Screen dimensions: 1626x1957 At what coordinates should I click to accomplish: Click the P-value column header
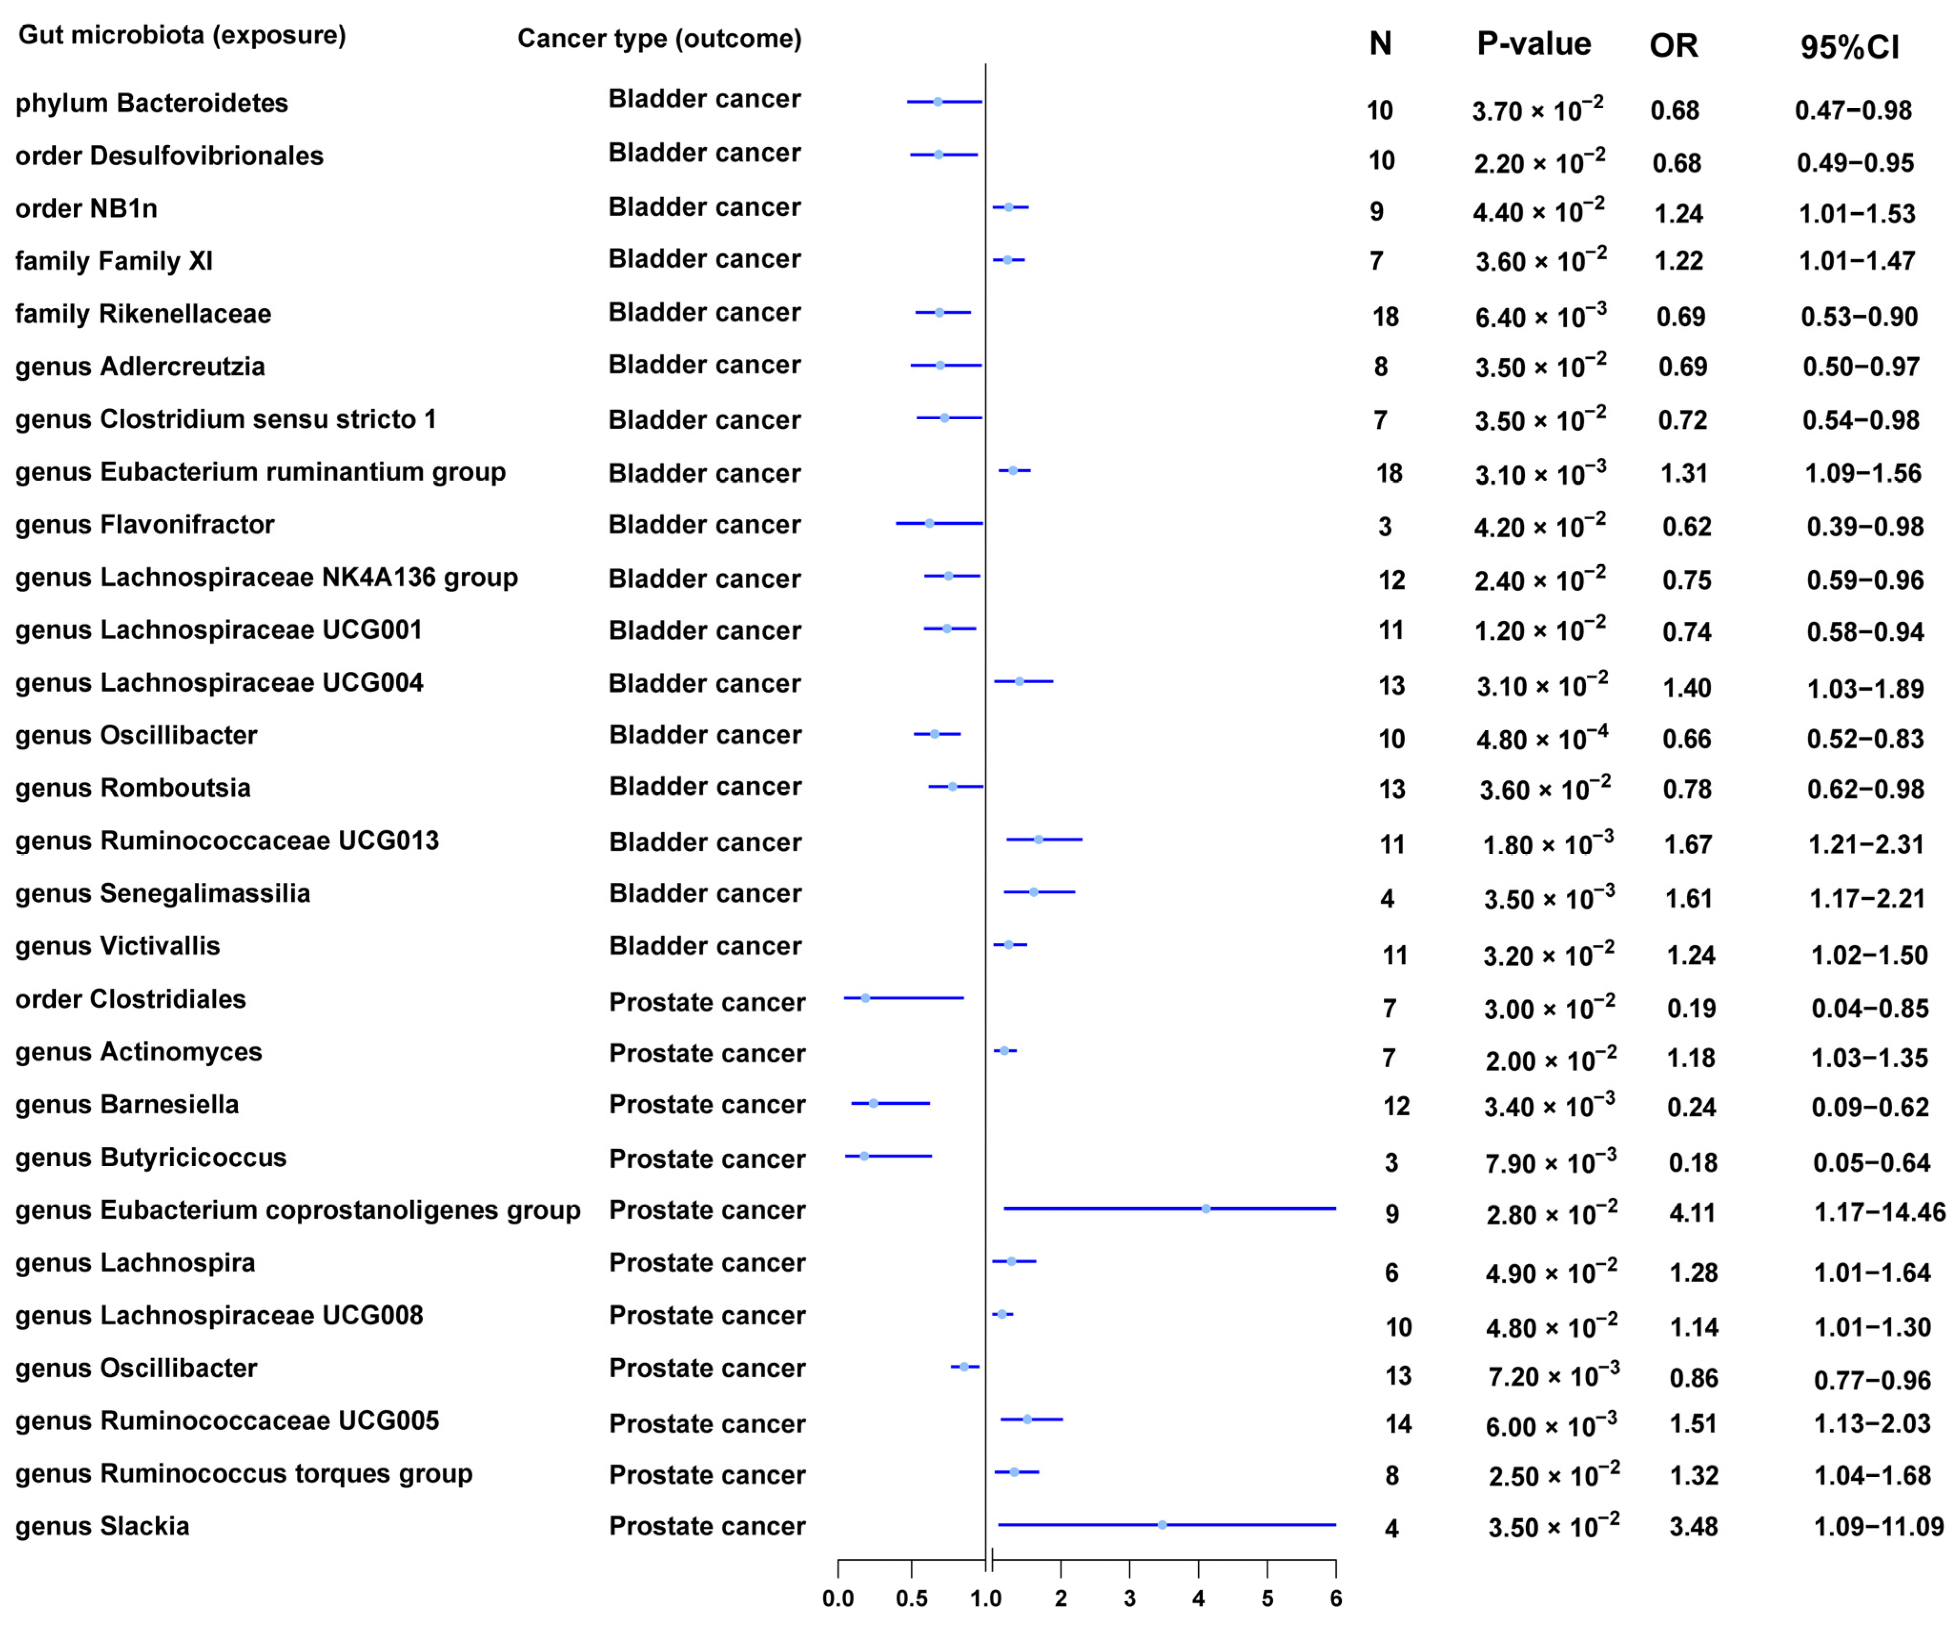(x=1534, y=44)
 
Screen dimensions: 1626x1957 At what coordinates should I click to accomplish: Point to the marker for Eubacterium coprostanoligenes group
(x=1206, y=1209)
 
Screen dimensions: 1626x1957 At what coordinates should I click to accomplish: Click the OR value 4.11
(x=1692, y=1213)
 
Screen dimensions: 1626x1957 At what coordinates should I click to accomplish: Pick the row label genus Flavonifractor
(x=144, y=525)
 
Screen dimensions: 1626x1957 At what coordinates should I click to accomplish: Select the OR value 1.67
(x=1688, y=844)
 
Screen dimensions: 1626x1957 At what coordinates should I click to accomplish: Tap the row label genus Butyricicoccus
(x=151, y=1157)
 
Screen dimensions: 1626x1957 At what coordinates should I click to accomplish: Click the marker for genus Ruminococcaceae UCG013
(x=1038, y=839)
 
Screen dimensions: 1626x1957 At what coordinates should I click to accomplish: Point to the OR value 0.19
(x=1692, y=1008)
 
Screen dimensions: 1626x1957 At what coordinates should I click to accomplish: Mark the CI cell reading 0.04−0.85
(x=1868, y=1008)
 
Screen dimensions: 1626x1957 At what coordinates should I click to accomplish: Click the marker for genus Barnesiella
(x=873, y=1103)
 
